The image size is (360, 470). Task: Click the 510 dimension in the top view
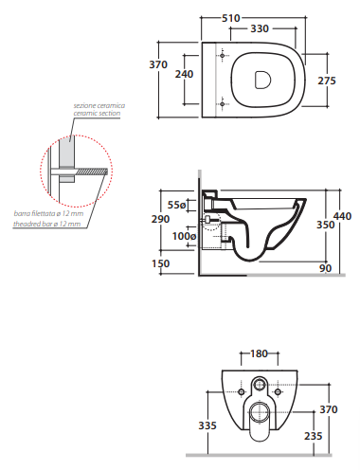tap(231, 18)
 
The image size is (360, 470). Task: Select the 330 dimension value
tap(260, 28)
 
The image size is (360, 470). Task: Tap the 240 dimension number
tap(184, 74)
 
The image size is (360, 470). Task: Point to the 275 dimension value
tap(327, 81)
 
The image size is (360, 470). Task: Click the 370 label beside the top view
tap(158, 64)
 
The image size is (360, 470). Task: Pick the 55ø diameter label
tap(176, 205)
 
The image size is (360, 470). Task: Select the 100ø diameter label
tap(185, 236)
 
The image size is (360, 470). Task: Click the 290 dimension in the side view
tap(160, 219)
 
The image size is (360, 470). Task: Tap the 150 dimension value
tap(161, 263)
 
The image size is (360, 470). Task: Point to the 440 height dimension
tap(342, 216)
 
